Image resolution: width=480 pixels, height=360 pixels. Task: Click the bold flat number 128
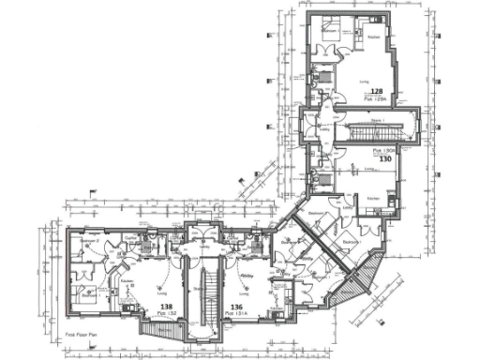tap(376, 90)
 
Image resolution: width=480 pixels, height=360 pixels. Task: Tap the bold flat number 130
tap(385, 158)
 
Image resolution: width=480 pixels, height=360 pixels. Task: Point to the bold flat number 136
tap(237, 306)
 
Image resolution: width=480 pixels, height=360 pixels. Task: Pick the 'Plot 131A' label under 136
tap(237, 313)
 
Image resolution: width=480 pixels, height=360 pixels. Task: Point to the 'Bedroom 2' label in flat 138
tap(89, 241)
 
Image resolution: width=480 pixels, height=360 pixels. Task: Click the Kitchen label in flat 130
tap(372, 200)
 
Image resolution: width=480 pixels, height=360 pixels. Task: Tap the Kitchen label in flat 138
tap(127, 279)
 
